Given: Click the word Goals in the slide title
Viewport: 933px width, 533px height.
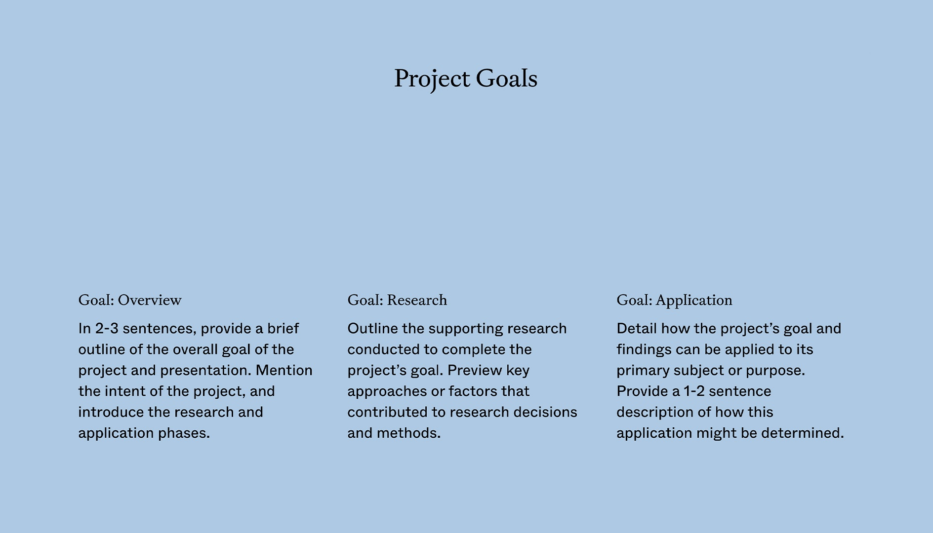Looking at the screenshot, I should click(506, 78).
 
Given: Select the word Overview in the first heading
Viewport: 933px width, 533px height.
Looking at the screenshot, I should click(150, 300).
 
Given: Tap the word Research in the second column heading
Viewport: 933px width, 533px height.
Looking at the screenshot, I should click(417, 300).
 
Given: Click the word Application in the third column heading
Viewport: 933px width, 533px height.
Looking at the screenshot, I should click(694, 300).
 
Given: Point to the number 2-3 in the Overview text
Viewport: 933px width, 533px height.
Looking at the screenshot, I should click(107, 329).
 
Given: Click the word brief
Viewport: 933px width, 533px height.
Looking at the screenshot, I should click(283, 329).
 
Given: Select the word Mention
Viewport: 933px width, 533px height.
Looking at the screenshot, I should click(284, 370).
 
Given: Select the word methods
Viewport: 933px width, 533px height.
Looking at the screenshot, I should click(408, 433).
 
